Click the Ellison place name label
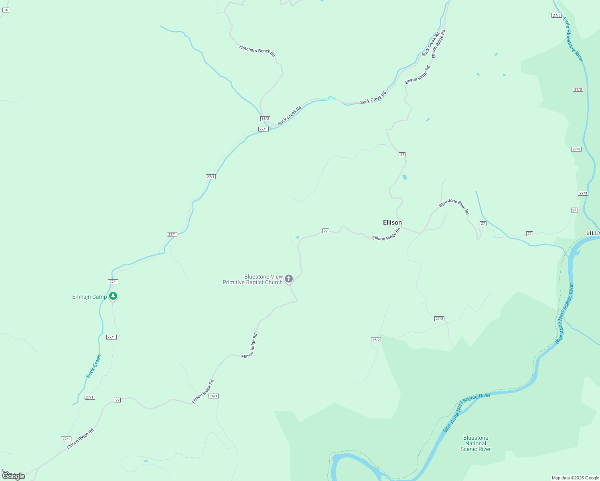click(392, 222)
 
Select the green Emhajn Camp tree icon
click(113, 296)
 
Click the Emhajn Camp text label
click(89, 297)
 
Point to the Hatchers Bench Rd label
click(257, 51)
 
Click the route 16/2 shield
click(265, 119)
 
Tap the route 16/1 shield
click(213, 396)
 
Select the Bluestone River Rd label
click(454, 206)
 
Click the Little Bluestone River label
click(573, 39)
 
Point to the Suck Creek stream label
click(93, 366)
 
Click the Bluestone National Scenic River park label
click(476, 443)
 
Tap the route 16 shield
click(6, 10)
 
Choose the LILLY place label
click(593, 233)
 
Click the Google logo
click(14, 476)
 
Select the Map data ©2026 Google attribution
click(575, 478)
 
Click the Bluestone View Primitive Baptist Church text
click(253, 279)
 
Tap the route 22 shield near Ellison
click(326, 231)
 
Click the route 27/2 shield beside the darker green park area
click(376, 340)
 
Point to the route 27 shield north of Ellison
click(402, 155)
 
